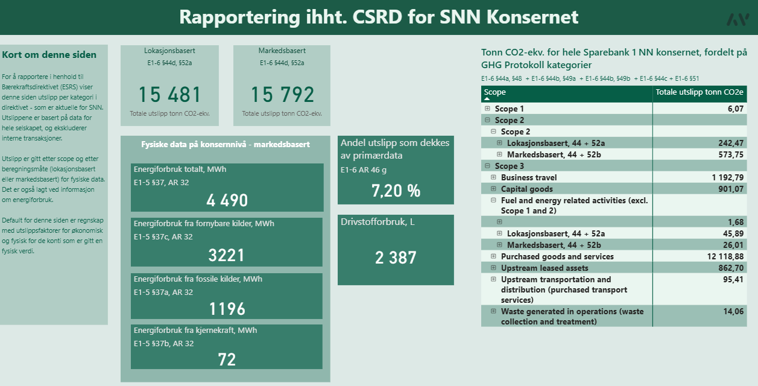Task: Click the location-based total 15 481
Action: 169,95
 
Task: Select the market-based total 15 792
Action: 282,95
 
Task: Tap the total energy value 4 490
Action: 227,201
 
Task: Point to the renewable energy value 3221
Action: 227,255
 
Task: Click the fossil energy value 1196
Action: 227,309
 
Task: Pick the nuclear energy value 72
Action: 227,360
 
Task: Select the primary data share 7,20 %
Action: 396,191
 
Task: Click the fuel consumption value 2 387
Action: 396,258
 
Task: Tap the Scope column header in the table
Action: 495,92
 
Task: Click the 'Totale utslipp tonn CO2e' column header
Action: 700,92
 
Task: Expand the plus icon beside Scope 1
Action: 487,109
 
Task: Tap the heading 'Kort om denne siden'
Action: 49,55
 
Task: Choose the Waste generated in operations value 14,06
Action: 733,311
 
